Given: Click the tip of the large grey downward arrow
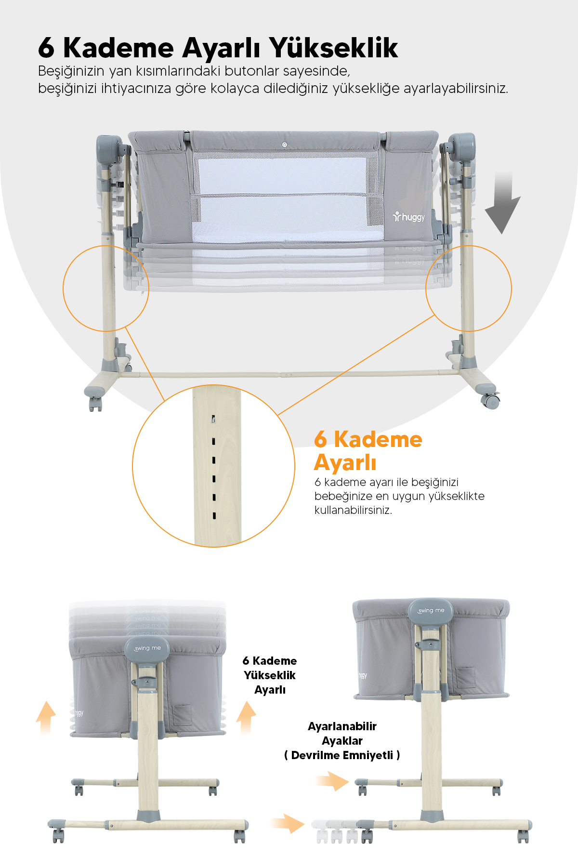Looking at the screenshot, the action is [501, 234].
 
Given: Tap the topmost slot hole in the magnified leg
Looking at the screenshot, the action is [213, 420].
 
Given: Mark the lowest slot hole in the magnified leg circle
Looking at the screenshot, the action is [214, 516].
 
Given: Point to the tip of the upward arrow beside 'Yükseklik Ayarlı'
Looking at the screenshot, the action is [246, 702].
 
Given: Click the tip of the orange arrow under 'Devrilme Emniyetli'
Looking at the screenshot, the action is [349, 781].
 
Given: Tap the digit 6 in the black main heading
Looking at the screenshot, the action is [46, 48].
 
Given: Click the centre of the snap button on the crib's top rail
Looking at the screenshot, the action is [284, 144].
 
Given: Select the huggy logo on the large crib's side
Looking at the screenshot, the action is [409, 217].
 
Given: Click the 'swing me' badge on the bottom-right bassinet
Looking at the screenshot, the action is [431, 611].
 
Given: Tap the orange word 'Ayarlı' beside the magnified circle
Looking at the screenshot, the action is [345, 463].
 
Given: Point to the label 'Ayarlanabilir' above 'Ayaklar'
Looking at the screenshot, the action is [342, 726].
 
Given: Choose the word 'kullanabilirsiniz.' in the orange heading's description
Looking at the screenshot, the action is [353, 510].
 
